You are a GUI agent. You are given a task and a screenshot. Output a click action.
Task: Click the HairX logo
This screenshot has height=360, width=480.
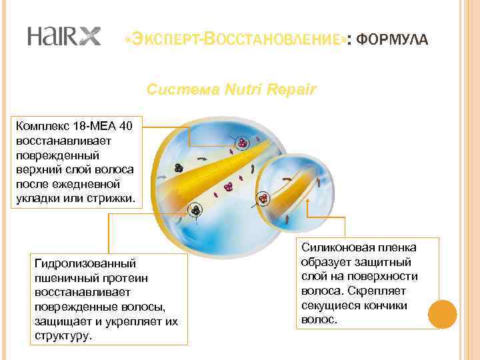point(64,36)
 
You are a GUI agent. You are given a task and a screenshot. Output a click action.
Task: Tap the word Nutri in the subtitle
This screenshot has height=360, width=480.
point(243,89)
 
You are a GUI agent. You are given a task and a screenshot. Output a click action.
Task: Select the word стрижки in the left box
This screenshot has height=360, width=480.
point(111,199)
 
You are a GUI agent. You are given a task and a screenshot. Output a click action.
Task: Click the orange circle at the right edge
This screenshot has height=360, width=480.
point(442,313)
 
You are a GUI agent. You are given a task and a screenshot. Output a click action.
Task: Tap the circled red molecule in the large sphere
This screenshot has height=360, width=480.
point(243,143)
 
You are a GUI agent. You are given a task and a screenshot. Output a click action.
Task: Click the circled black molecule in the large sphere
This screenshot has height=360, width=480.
point(195,209)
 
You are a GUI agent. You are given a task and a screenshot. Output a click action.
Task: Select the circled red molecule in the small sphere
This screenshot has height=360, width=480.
point(264,198)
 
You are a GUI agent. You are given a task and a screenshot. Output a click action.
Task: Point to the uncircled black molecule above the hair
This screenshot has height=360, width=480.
point(179,168)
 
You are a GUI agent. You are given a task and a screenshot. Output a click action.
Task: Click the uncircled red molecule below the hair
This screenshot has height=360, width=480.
point(229,186)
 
